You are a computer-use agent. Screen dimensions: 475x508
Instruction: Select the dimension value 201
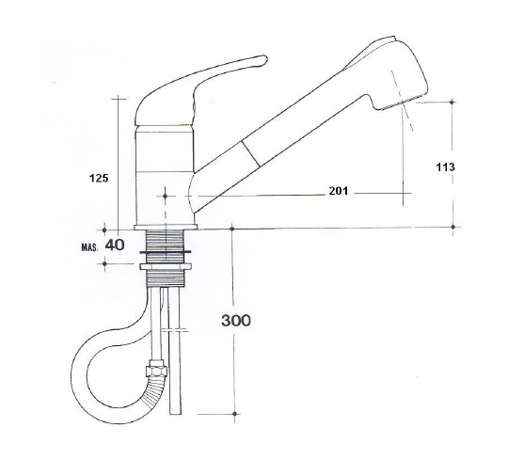tap(340, 192)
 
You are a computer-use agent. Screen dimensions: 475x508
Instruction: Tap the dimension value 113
tap(447, 166)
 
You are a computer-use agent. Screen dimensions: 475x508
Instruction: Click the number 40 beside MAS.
tap(115, 245)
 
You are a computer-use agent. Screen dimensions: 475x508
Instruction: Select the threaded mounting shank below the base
tap(167, 247)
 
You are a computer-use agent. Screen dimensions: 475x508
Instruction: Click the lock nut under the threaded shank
tap(167, 274)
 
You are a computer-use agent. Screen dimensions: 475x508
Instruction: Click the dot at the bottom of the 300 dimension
tap(232, 415)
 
